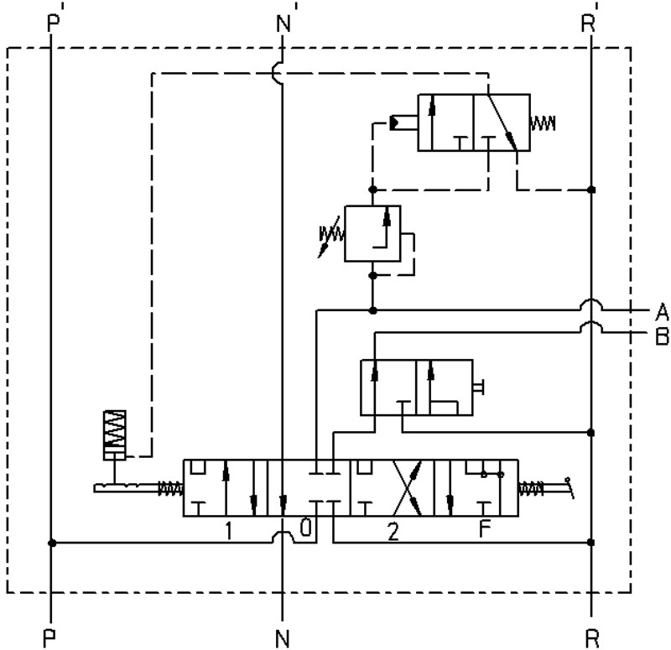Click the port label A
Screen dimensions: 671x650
click(662, 311)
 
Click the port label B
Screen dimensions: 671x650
click(662, 336)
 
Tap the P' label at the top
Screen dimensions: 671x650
click(55, 21)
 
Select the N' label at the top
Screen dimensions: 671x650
click(285, 21)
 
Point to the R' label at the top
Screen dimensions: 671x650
click(590, 21)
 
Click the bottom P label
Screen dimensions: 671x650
click(49, 639)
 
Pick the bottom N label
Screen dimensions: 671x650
click(283, 639)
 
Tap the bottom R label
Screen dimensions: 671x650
click(592, 639)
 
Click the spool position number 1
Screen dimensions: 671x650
click(228, 531)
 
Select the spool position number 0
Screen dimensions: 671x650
click(305, 528)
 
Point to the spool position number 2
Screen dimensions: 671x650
click(393, 532)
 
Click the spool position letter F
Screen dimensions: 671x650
click(485, 528)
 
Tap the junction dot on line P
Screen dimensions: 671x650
click(52, 543)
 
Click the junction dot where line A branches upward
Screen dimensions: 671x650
click(372, 310)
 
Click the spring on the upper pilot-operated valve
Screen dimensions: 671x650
click(543, 123)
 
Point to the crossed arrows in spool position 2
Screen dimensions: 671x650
click(407, 488)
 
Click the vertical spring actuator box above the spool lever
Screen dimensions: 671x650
click(115, 435)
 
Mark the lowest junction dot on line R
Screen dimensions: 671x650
click(591, 542)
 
